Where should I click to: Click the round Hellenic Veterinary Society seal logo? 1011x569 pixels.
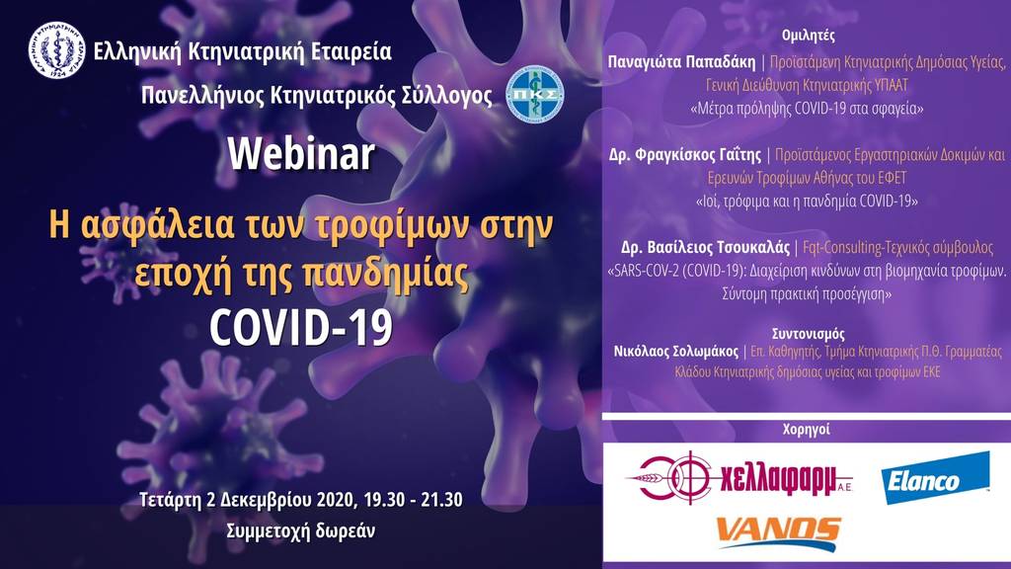56,50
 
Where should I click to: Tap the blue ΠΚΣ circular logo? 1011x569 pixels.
534,94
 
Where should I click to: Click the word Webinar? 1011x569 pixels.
301,154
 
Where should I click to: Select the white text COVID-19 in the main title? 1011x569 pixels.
301,327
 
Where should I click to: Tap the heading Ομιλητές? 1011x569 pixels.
808,36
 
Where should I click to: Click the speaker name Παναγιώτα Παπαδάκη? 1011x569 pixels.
681,62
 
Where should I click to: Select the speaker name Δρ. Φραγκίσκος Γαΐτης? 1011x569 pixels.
685,155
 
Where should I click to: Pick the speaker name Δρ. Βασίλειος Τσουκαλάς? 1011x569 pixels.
705,248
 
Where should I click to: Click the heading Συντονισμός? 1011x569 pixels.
808,334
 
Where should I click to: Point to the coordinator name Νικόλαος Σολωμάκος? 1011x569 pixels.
675,352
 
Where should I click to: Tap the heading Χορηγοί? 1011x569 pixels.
806,429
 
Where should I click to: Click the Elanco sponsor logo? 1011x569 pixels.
935,478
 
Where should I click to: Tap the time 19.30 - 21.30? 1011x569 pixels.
413,500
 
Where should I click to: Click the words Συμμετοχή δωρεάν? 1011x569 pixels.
300,530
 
